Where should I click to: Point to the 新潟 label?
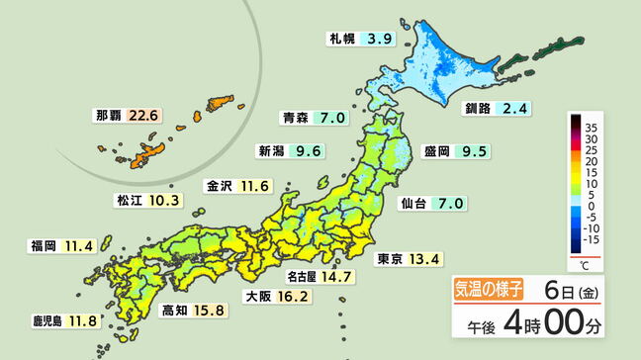[271, 152]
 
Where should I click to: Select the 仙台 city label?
[413, 204]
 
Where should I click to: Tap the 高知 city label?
[172, 311]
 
